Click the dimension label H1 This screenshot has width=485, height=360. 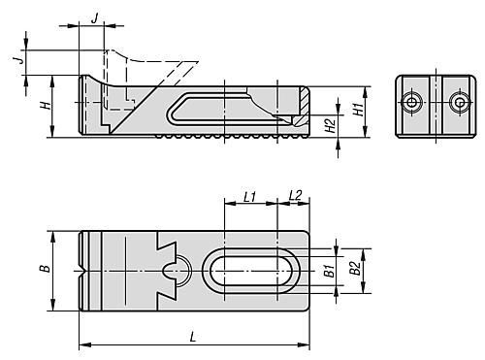[x=358, y=110]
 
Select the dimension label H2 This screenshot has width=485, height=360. [x=330, y=126]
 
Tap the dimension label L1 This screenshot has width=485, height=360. [x=249, y=197]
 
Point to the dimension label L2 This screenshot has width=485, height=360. [x=295, y=195]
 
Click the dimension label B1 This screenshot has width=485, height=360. [x=329, y=271]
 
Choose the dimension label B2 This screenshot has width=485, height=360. [x=355, y=268]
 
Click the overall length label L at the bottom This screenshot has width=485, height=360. [x=193, y=338]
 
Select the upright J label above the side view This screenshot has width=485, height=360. [x=94, y=18]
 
